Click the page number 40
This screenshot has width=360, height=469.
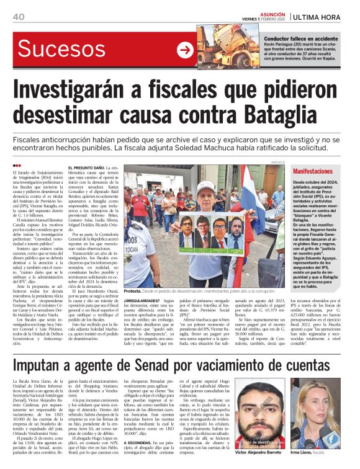[18, 16]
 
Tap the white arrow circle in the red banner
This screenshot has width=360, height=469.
[184, 50]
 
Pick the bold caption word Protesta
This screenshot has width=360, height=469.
[133, 290]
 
